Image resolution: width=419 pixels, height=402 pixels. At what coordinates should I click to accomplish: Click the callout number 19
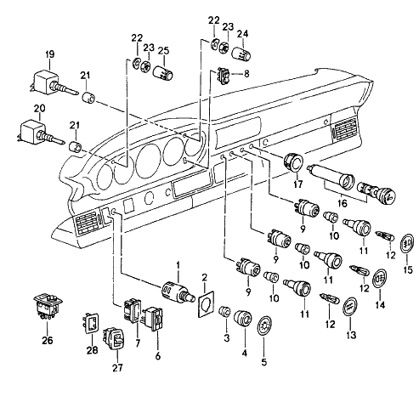tap(50, 54)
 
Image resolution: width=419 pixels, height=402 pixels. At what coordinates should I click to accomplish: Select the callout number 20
tap(39, 109)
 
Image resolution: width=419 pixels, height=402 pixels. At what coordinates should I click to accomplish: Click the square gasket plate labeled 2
tap(206, 304)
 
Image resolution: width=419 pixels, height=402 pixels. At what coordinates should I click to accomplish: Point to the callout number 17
tap(297, 184)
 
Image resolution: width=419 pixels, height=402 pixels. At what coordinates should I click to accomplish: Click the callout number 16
tap(343, 203)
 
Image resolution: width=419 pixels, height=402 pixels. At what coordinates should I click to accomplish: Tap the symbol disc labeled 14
tap(380, 278)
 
